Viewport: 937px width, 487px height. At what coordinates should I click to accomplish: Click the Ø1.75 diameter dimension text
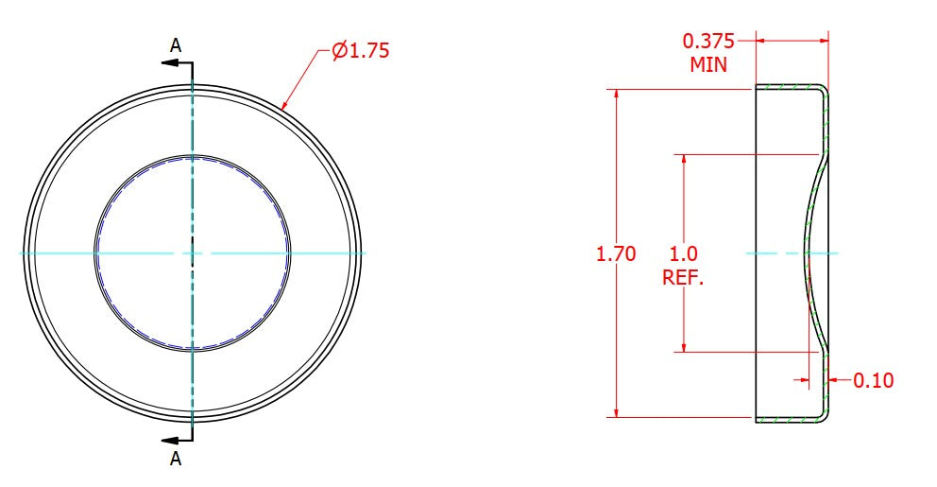[x=360, y=50]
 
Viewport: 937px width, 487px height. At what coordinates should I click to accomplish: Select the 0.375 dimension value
[x=708, y=42]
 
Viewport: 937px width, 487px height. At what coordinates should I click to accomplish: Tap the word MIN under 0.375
[x=708, y=64]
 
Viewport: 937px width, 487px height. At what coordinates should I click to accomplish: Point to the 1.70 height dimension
[x=616, y=253]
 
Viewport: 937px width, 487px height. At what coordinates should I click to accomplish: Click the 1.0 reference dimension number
[x=683, y=253]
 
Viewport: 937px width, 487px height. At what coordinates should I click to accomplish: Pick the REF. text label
[x=683, y=278]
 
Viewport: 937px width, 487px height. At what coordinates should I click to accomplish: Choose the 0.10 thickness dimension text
[x=873, y=380]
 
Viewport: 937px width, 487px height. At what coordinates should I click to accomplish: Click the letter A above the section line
[x=175, y=45]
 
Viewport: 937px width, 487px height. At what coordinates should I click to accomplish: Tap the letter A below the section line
[x=175, y=459]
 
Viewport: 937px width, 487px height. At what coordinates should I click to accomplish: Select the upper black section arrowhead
[x=169, y=62]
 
